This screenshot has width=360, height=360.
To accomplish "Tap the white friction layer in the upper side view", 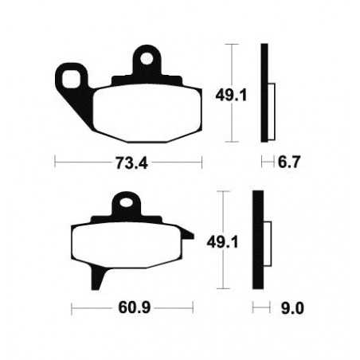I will tap(272, 104).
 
